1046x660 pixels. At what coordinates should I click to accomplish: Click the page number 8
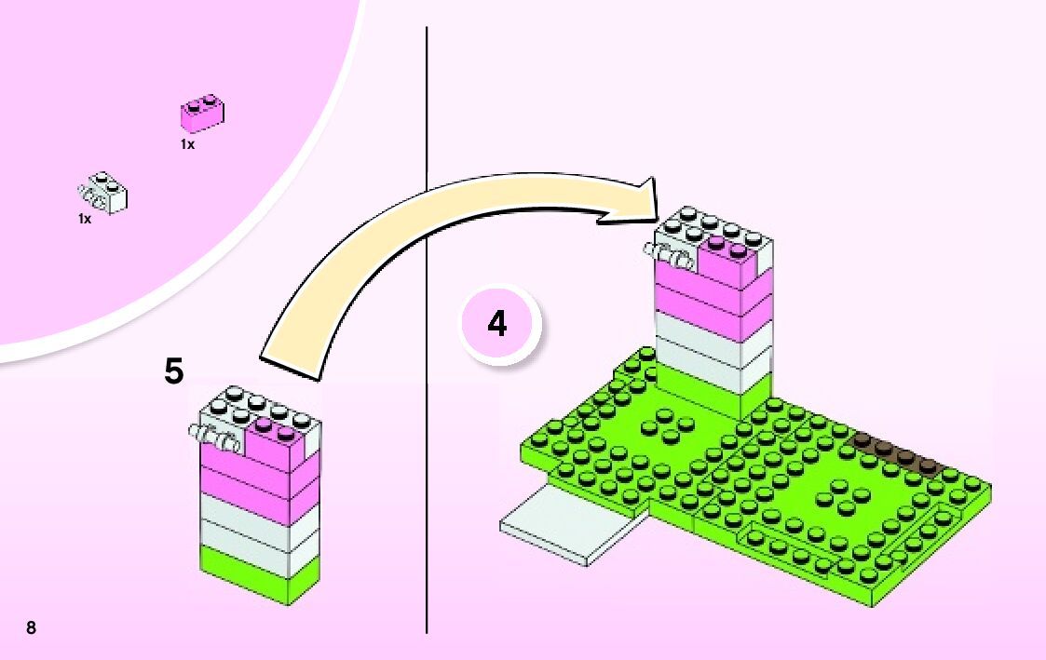coord(32,627)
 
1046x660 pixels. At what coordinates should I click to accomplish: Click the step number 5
coord(173,371)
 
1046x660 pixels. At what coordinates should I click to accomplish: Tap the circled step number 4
coord(497,325)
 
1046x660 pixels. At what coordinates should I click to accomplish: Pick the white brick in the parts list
coord(104,193)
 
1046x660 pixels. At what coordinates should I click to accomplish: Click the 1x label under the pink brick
coord(187,145)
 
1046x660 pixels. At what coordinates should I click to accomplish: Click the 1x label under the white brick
coord(85,220)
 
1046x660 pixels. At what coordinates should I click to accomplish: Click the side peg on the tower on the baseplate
coord(669,253)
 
